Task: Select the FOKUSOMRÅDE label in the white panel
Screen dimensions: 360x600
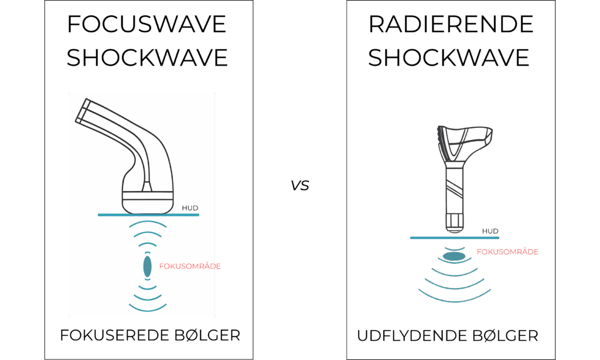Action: pyautogui.click(x=189, y=266)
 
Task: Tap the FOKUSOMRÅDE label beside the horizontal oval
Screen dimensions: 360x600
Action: pyautogui.click(x=507, y=252)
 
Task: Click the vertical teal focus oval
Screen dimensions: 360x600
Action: pyautogui.click(x=147, y=267)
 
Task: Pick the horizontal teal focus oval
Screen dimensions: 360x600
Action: pyautogui.click(x=454, y=256)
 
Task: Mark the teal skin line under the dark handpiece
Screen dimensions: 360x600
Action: pyautogui.click(x=454, y=237)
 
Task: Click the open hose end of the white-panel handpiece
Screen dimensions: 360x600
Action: pyautogui.click(x=82, y=110)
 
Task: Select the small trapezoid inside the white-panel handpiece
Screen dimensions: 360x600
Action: pyautogui.click(x=147, y=187)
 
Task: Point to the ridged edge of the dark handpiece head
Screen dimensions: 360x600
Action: pyautogui.click(x=440, y=138)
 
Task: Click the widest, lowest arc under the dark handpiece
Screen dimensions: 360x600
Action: pyautogui.click(x=454, y=298)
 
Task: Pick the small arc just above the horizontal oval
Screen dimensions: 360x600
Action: pyautogui.click(x=454, y=249)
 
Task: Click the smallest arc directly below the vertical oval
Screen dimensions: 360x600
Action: pyautogui.click(x=147, y=280)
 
